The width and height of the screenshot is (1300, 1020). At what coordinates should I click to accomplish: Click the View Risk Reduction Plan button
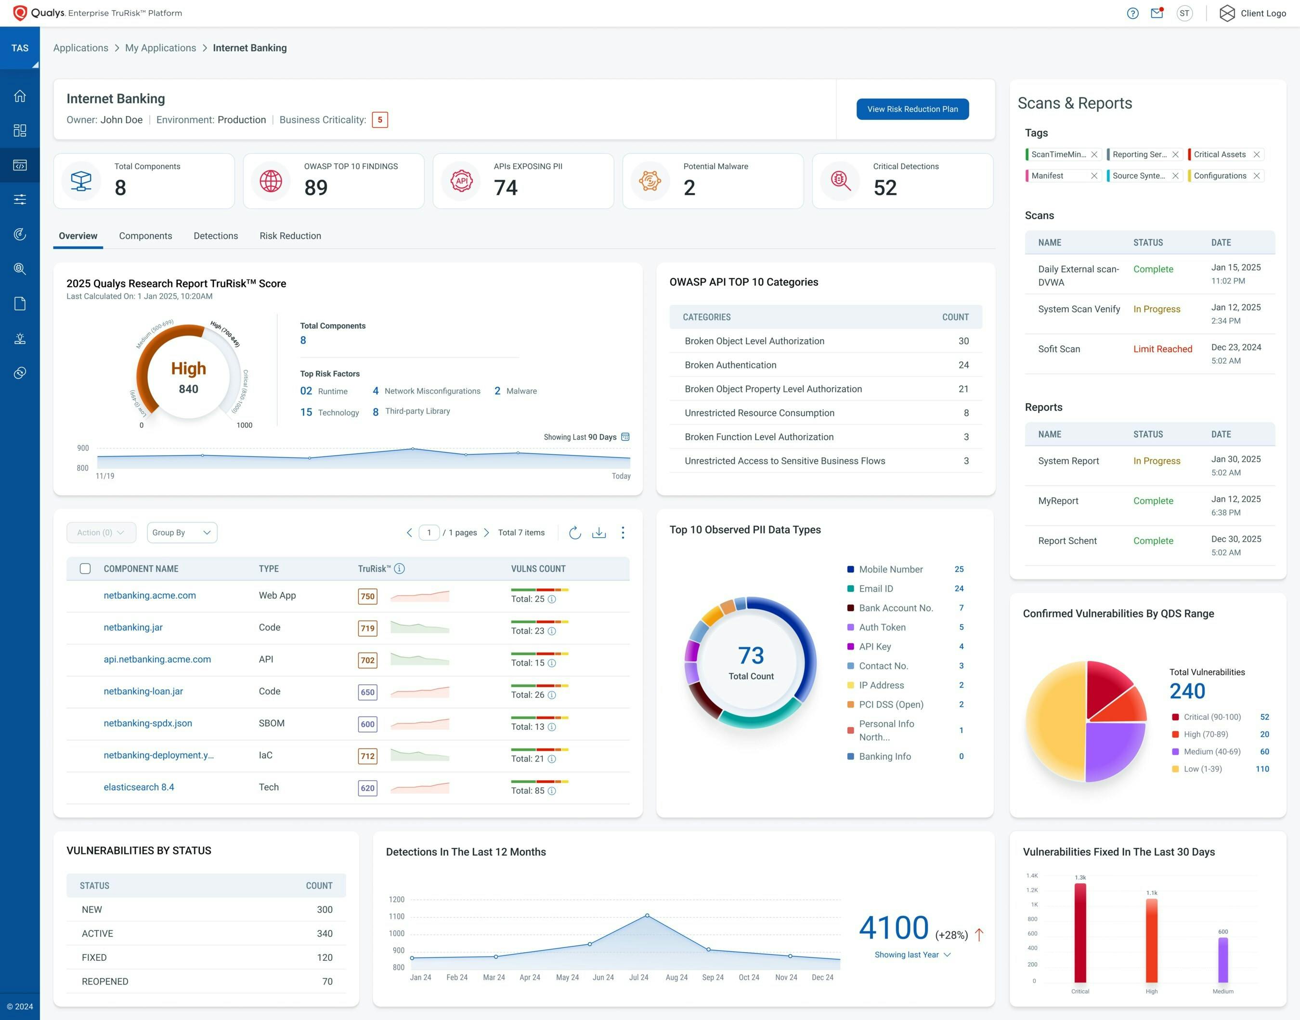point(912,109)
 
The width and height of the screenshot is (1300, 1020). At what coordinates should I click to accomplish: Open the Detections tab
point(216,236)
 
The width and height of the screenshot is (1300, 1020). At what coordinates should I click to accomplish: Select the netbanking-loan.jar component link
point(143,691)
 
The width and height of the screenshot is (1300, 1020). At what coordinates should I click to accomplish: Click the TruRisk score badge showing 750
point(367,596)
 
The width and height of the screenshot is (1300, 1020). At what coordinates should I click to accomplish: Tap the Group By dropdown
point(182,533)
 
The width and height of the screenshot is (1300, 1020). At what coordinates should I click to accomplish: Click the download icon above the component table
point(598,533)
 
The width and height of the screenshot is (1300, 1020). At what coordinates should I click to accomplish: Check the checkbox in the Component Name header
point(85,569)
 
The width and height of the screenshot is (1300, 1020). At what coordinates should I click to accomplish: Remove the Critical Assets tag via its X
point(1256,155)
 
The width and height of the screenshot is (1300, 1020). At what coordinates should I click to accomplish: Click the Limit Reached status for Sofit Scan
point(1162,349)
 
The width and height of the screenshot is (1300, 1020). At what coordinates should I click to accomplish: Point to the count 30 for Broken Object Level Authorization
point(963,341)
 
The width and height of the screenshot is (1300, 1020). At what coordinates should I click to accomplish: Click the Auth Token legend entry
point(882,627)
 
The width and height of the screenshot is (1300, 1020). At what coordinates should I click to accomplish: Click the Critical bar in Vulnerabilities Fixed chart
point(1079,931)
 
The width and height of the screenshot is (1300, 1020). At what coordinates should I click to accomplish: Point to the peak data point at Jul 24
point(647,915)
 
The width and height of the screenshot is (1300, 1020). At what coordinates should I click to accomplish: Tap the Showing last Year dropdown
point(912,955)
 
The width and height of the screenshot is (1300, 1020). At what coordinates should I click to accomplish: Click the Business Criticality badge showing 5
point(379,120)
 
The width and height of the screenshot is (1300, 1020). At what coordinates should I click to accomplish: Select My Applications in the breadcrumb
point(160,48)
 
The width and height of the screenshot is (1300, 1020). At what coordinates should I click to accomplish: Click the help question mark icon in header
point(1132,13)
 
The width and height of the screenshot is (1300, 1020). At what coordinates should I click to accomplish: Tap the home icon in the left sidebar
point(20,96)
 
